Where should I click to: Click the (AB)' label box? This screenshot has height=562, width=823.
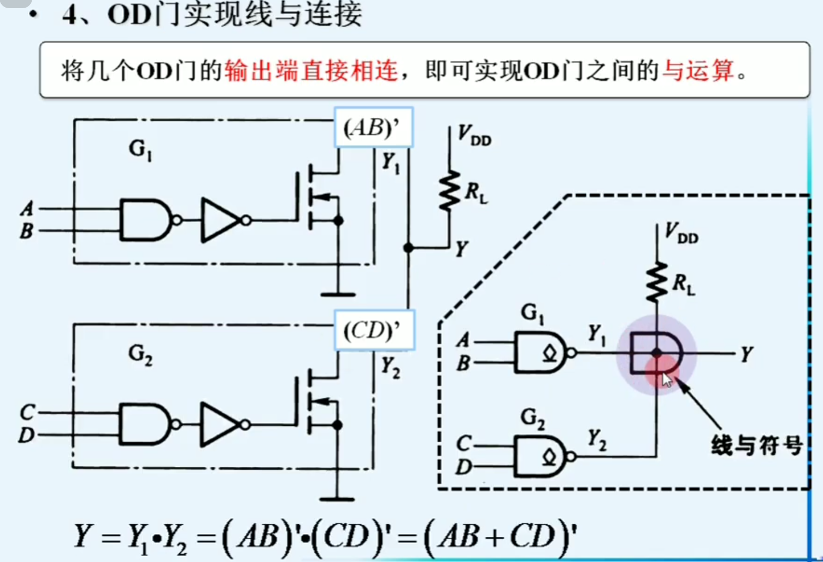tap(373, 128)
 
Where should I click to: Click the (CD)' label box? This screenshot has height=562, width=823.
tap(374, 330)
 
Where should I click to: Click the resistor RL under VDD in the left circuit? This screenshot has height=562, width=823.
tap(450, 190)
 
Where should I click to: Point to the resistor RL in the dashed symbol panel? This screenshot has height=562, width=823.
tap(656, 282)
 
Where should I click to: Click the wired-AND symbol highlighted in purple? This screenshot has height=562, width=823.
tap(656, 354)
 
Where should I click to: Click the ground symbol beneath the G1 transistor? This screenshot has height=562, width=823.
tap(338, 294)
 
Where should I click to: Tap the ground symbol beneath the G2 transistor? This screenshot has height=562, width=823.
tap(337, 499)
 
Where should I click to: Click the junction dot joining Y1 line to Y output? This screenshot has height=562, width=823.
tap(408, 248)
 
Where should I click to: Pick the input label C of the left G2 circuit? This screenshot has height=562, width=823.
tap(27, 412)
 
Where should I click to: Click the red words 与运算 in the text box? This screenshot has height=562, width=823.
tap(698, 71)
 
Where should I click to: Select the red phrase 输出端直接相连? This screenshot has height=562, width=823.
tap(310, 71)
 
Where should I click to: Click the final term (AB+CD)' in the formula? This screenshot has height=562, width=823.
tap(498, 536)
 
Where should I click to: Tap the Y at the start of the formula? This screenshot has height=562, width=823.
tap(83, 536)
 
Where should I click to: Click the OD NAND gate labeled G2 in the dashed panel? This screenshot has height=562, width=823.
tap(541, 456)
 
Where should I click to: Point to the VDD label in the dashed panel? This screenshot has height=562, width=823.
tap(681, 233)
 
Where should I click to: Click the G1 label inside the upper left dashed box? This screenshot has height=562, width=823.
tap(140, 149)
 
